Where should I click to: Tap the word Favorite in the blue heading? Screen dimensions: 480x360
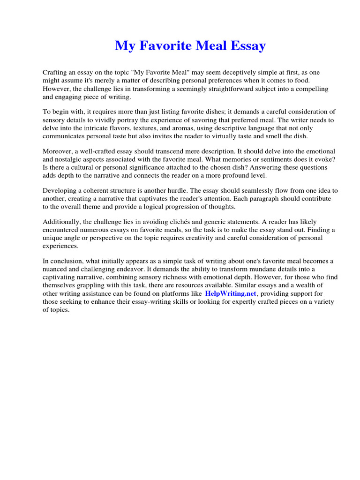pos(162,46)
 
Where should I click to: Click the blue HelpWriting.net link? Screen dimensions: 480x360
pos(231,293)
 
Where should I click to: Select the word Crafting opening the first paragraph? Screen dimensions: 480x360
pos(55,73)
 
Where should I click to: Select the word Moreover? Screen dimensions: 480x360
pos(59,151)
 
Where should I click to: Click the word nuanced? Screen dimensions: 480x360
pos(56,269)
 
